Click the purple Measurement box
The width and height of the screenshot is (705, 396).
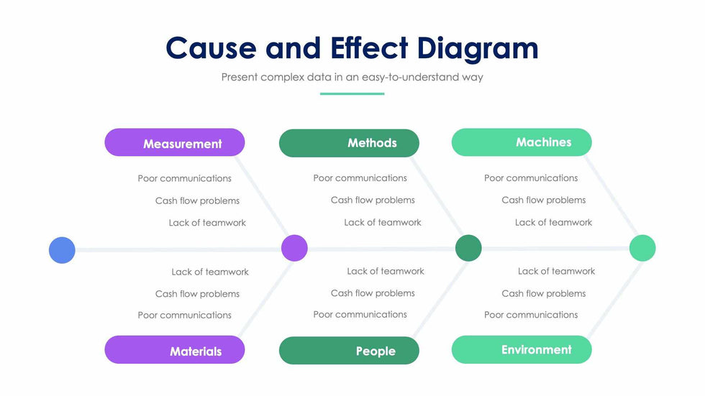175,142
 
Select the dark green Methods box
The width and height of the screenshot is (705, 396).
349,143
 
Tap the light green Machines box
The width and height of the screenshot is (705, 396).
522,142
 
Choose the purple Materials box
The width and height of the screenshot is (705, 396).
175,350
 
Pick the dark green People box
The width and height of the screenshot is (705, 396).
349,350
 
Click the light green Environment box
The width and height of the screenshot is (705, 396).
522,349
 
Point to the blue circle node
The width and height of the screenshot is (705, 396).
62,250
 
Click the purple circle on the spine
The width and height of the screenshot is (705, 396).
294,248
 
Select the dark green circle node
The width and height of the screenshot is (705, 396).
468,248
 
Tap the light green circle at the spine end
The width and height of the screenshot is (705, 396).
642,248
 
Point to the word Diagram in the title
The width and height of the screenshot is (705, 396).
478,48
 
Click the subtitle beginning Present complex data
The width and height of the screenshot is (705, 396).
352,77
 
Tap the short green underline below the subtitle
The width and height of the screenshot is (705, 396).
352,93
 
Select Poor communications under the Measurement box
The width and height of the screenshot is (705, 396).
185,178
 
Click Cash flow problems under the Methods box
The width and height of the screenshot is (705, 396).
373,200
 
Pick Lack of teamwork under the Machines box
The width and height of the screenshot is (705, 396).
553,222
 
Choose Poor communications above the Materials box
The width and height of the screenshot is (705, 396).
185,315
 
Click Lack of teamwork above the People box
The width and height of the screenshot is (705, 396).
386,271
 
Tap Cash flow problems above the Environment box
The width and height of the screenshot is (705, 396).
544,293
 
